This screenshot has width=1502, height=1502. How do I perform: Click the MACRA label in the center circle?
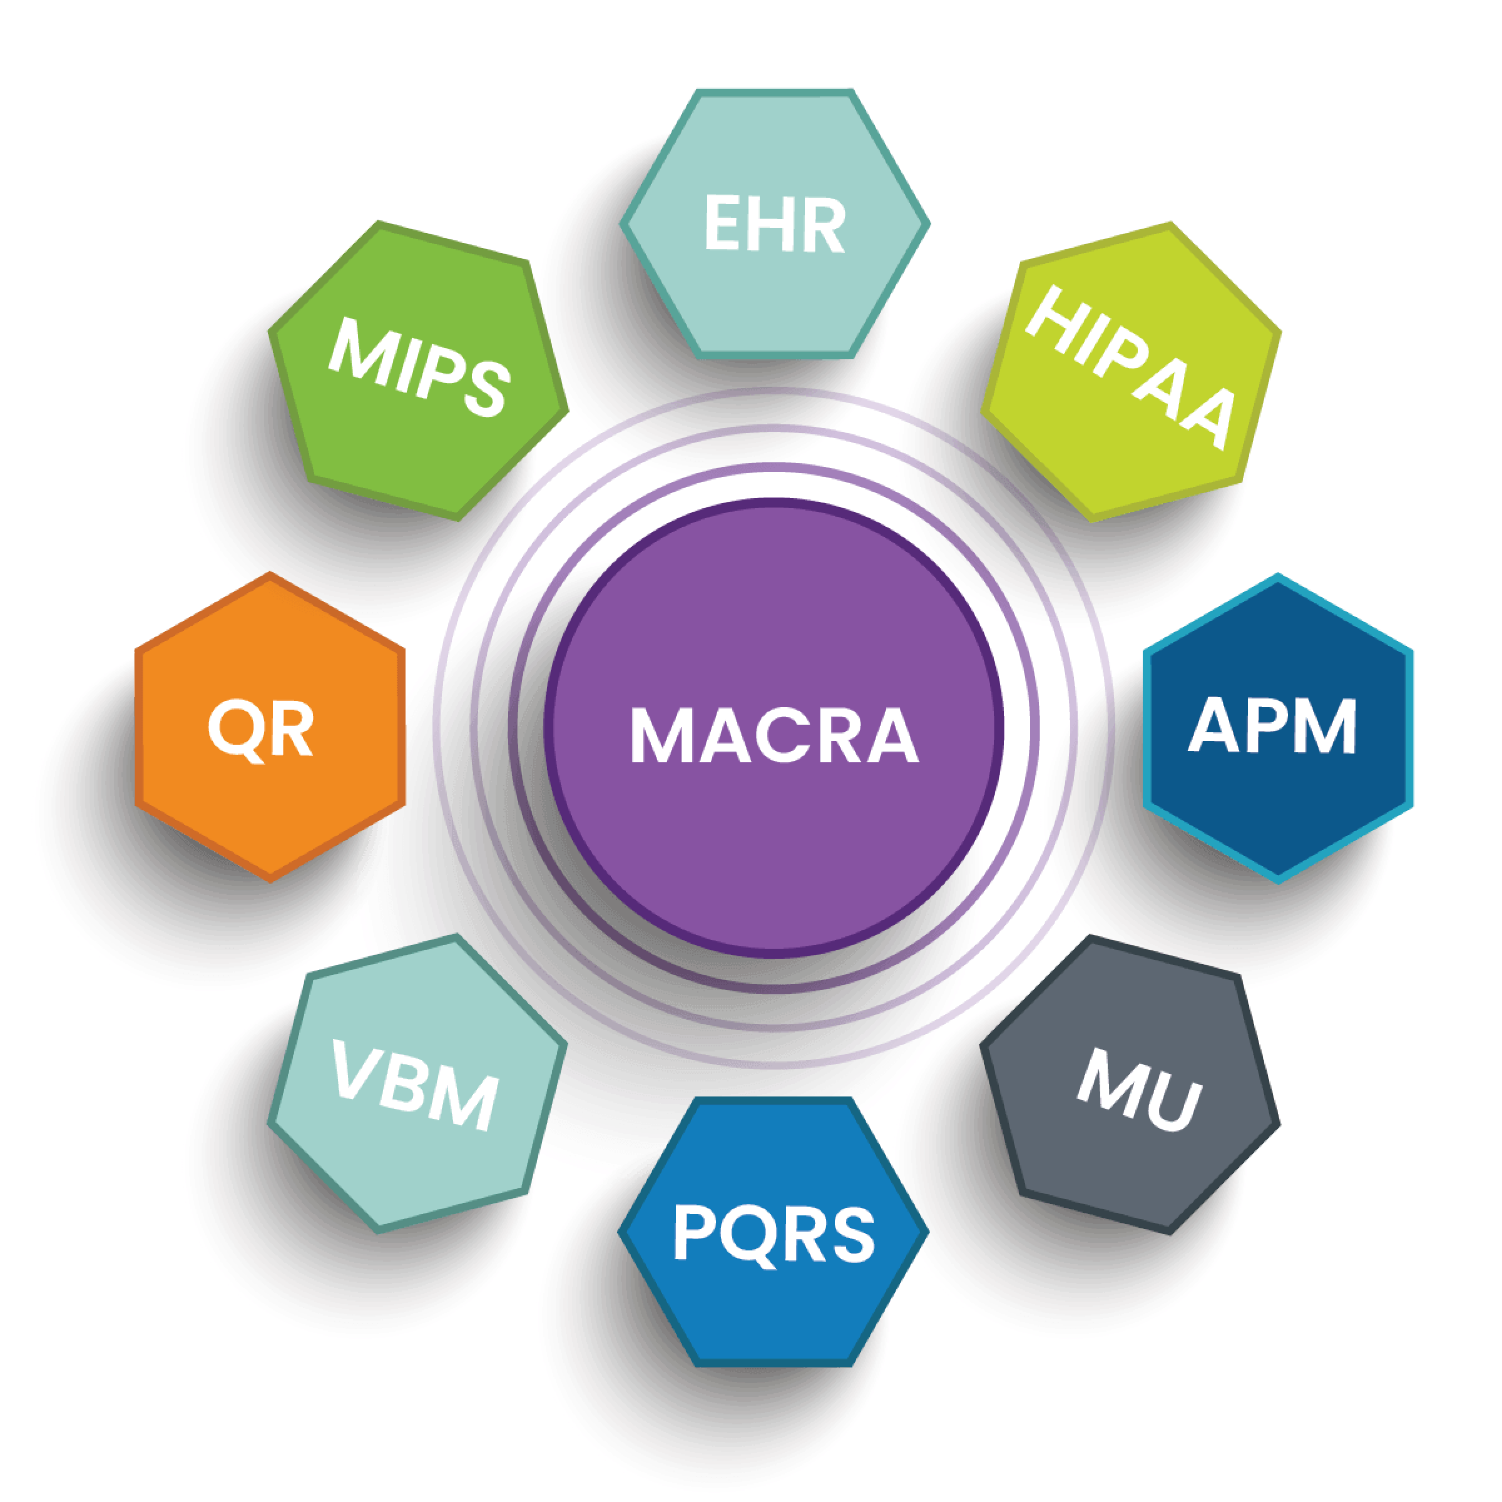coord(774,735)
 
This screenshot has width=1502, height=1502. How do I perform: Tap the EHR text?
coord(774,225)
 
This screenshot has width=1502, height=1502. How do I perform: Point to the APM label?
coord(1273,727)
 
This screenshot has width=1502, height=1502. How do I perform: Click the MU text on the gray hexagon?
coord(1140,1089)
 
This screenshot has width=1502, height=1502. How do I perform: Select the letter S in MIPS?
coord(486,389)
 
